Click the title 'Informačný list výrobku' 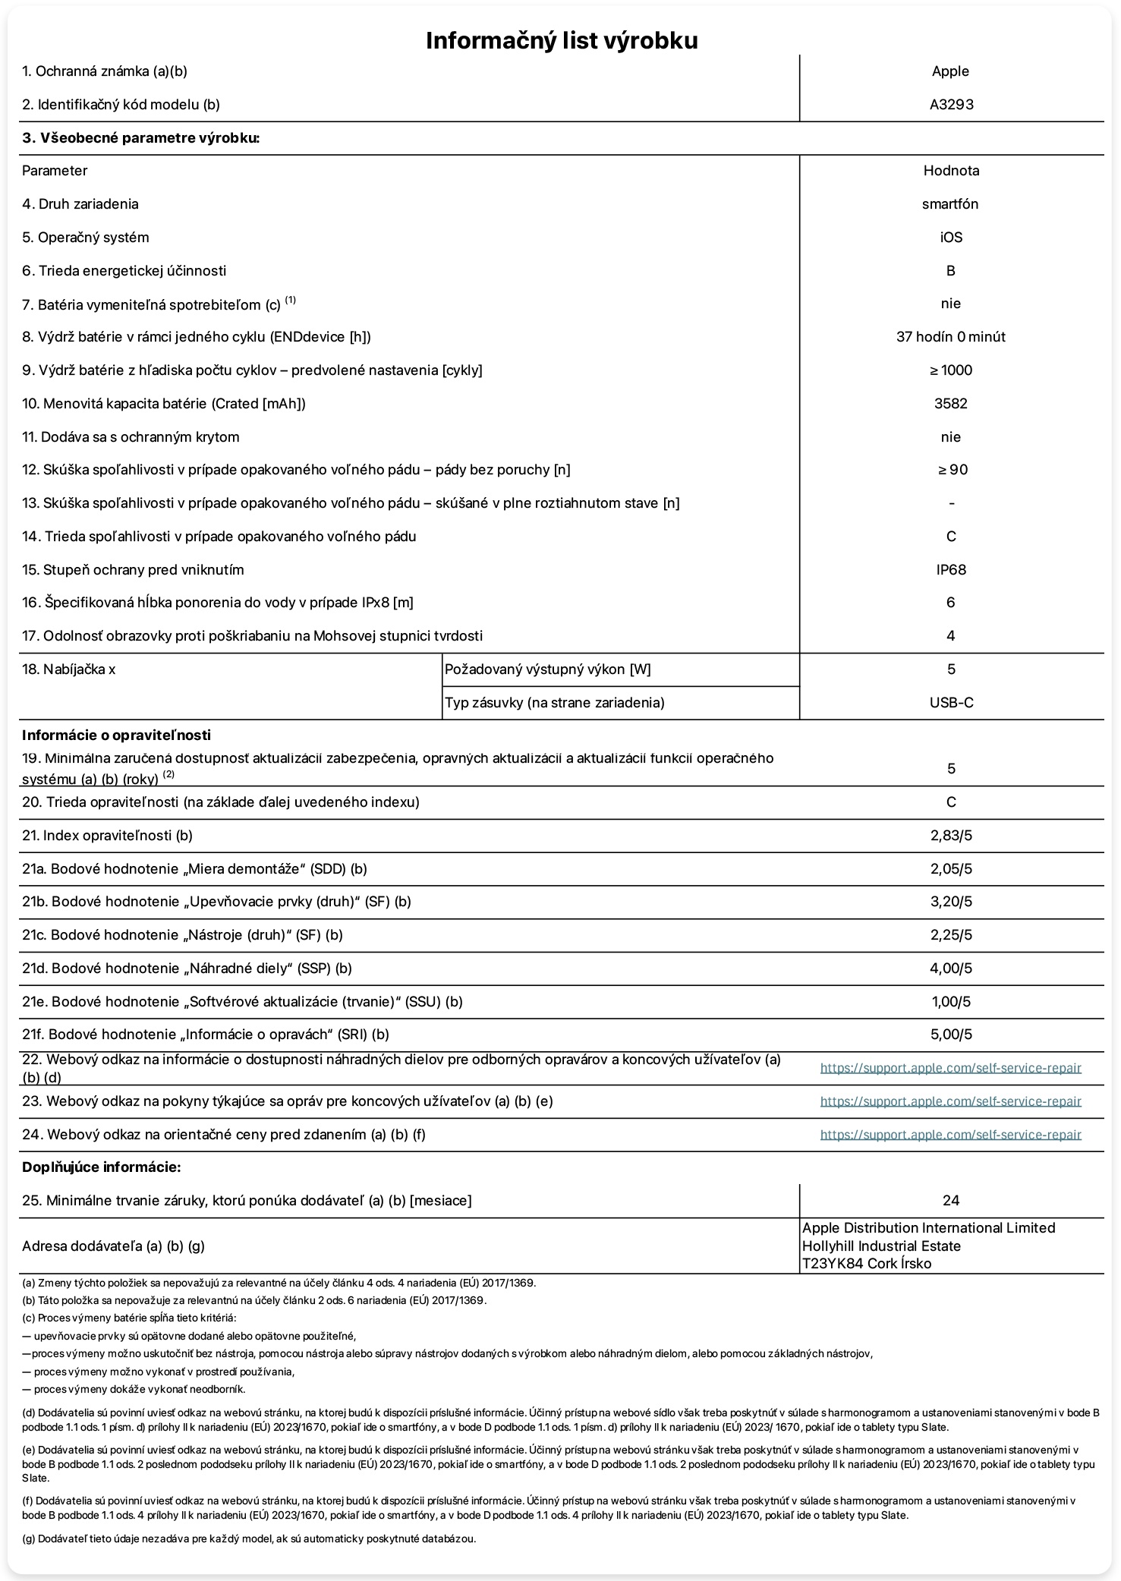(x=561, y=40)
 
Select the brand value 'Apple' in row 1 (x=950, y=71)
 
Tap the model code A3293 (x=951, y=105)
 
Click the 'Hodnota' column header (x=951, y=171)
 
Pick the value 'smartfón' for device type (x=950, y=204)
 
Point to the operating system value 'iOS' (x=951, y=238)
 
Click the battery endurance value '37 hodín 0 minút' (x=950, y=337)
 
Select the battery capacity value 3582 (x=950, y=404)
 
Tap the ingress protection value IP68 (x=951, y=570)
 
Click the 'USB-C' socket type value (x=951, y=703)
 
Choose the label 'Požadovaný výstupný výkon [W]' (x=547, y=669)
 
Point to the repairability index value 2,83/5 (x=951, y=836)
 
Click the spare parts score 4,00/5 (x=951, y=968)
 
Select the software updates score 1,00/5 (x=951, y=1002)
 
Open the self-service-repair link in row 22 (x=950, y=1068)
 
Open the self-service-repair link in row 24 (x=950, y=1135)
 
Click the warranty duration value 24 (x=950, y=1201)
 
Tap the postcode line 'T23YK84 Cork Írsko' (x=867, y=1264)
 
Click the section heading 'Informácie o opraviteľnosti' (x=116, y=735)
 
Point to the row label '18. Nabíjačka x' (x=69, y=669)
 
